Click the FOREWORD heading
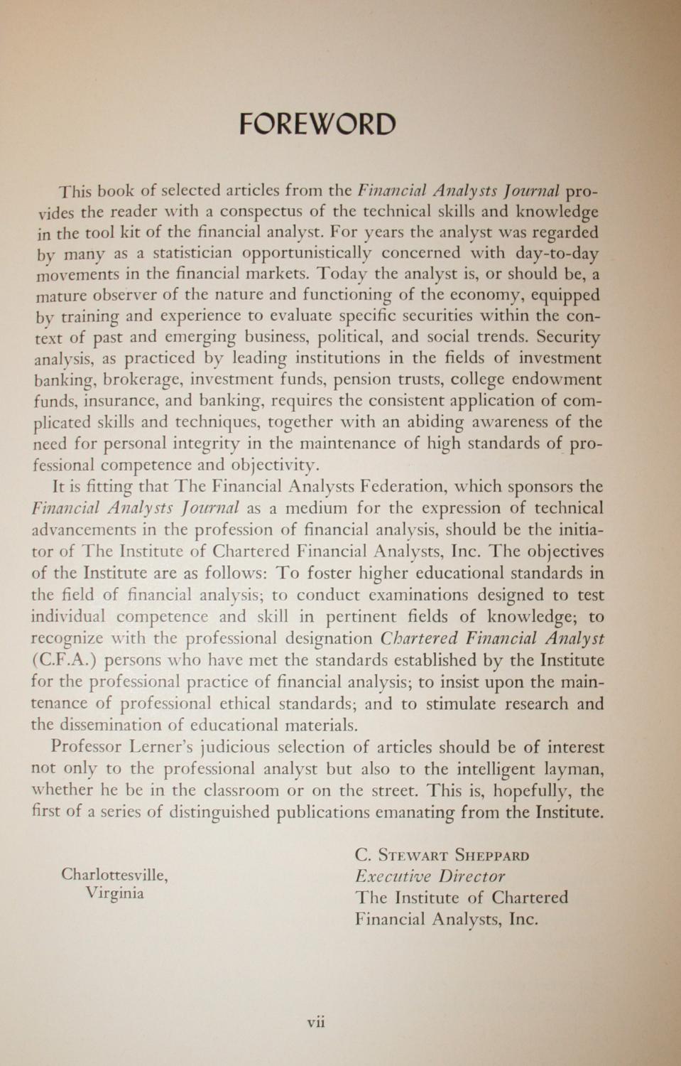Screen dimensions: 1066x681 pos(317,124)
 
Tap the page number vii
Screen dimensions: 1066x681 pos(316,1023)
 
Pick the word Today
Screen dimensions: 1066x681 pos(342,274)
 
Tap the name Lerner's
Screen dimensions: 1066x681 pos(161,748)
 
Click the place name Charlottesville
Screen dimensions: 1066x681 pos(114,875)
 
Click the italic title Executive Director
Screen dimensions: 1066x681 pos(430,876)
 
